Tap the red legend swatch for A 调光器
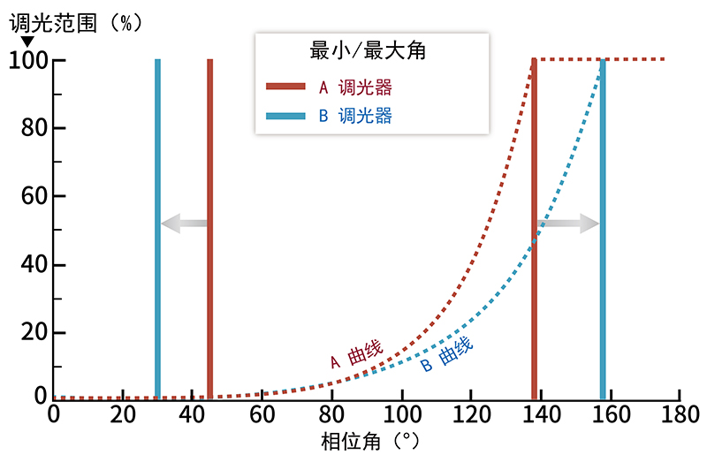(x=285, y=87)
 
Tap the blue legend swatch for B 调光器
(x=285, y=115)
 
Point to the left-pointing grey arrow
(x=183, y=224)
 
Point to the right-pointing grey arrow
(x=568, y=224)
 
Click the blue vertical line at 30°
(x=157, y=230)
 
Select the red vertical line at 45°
(x=209, y=230)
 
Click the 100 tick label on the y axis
(x=27, y=60)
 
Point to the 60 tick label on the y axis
(x=32, y=196)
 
